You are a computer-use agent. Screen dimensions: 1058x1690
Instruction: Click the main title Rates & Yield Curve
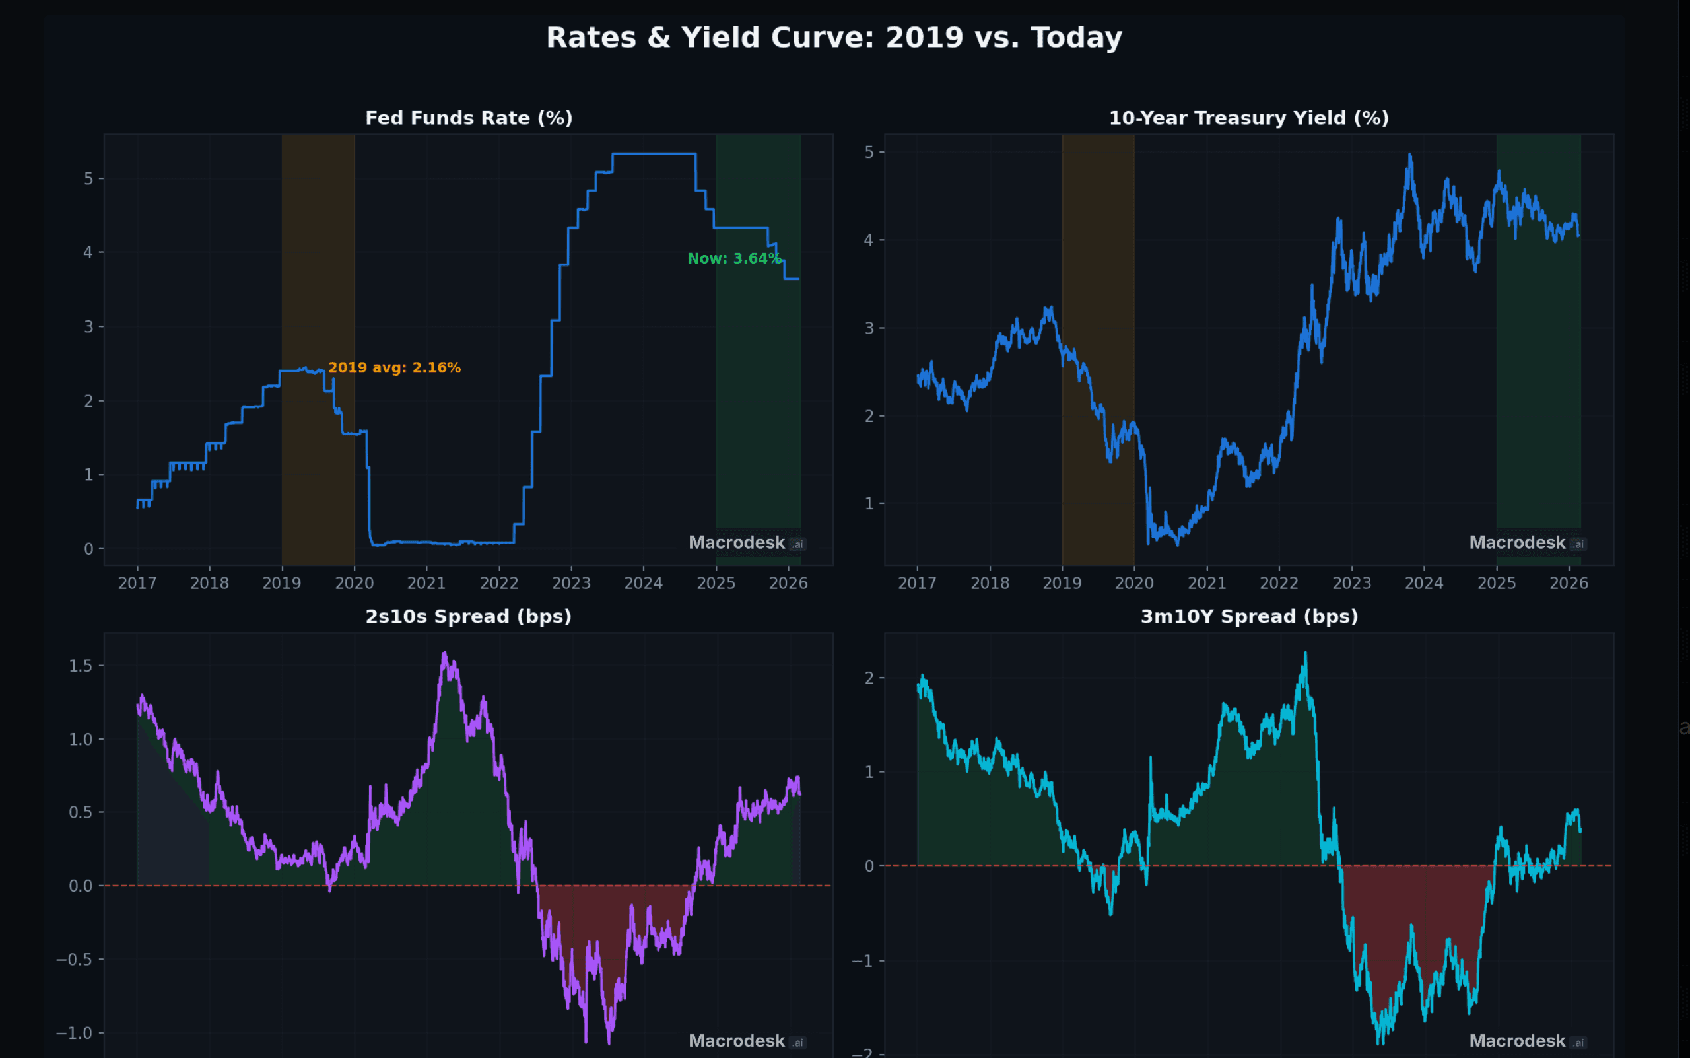[x=834, y=38]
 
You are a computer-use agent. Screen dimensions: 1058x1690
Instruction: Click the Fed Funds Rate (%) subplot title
[x=469, y=118]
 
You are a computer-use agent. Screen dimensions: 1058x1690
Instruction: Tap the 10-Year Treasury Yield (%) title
[x=1248, y=118]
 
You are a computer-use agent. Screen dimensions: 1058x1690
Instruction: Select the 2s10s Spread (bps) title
[x=469, y=616]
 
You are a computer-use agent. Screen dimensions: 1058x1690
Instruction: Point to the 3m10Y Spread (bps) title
[x=1249, y=616]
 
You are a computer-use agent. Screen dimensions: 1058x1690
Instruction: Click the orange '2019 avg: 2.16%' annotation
[x=395, y=368]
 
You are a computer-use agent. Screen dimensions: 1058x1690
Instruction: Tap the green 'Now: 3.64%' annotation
[x=734, y=259]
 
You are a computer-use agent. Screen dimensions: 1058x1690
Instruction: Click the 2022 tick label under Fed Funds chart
[x=498, y=584]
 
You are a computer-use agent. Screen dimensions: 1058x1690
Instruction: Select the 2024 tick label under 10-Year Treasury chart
[x=1423, y=584]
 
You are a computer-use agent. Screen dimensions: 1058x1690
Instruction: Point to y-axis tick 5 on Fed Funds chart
[x=89, y=179]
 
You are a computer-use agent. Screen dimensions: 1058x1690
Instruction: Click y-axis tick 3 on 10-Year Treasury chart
[x=869, y=328]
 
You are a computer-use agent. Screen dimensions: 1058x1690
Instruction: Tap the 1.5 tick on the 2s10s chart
[x=81, y=666]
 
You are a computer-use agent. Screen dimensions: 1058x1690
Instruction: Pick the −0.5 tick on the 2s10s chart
[x=74, y=960]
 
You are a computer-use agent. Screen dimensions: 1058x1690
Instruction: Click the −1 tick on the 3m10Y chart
[x=862, y=961]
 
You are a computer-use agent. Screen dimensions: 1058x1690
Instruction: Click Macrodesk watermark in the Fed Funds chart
[x=737, y=543]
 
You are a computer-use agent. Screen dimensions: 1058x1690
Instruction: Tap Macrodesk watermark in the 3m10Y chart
[x=1517, y=1041]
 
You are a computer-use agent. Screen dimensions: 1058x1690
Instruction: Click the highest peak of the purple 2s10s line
[x=444, y=654]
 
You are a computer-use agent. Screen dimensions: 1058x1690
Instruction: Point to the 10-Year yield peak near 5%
[x=1409, y=155]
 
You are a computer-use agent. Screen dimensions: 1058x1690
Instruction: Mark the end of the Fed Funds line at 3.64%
[x=798, y=279]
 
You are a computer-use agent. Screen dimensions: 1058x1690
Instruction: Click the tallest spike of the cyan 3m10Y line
[x=1305, y=654]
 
